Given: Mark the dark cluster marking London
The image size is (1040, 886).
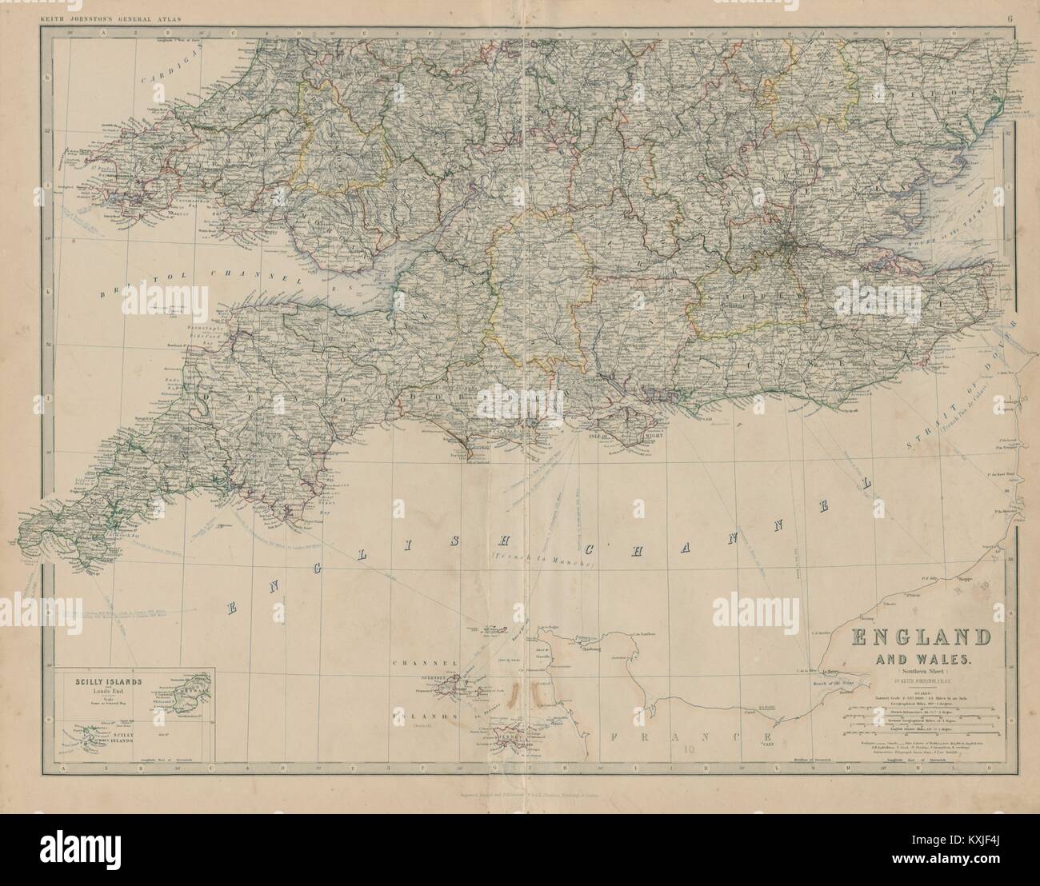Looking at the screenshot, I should click(x=787, y=237).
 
